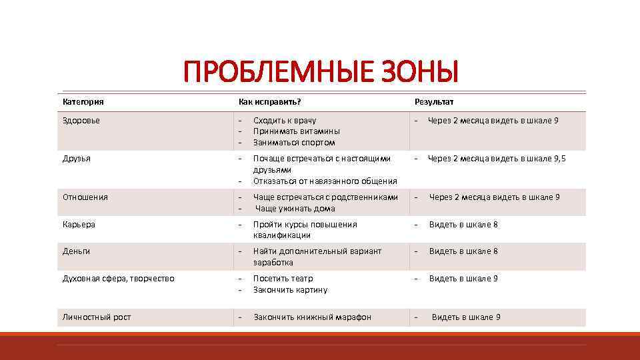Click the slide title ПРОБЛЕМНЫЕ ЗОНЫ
click(x=321, y=71)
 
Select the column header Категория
click(x=83, y=102)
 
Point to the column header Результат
click(x=433, y=102)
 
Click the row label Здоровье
click(x=81, y=121)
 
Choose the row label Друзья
click(x=77, y=159)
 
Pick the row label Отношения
click(x=85, y=197)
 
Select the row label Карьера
click(x=79, y=225)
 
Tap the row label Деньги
click(x=77, y=251)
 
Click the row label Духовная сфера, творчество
click(x=119, y=279)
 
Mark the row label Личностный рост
click(x=97, y=317)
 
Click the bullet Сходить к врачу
click(x=285, y=121)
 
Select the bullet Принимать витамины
click(x=296, y=131)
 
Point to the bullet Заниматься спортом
click(x=294, y=143)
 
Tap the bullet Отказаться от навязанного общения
click(x=325, y=181)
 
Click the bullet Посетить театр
click(x=283, y=279)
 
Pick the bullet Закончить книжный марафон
click(x=312, y=317)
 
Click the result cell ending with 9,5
click(x=496, y=159)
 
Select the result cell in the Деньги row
click(x=463, y=251)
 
